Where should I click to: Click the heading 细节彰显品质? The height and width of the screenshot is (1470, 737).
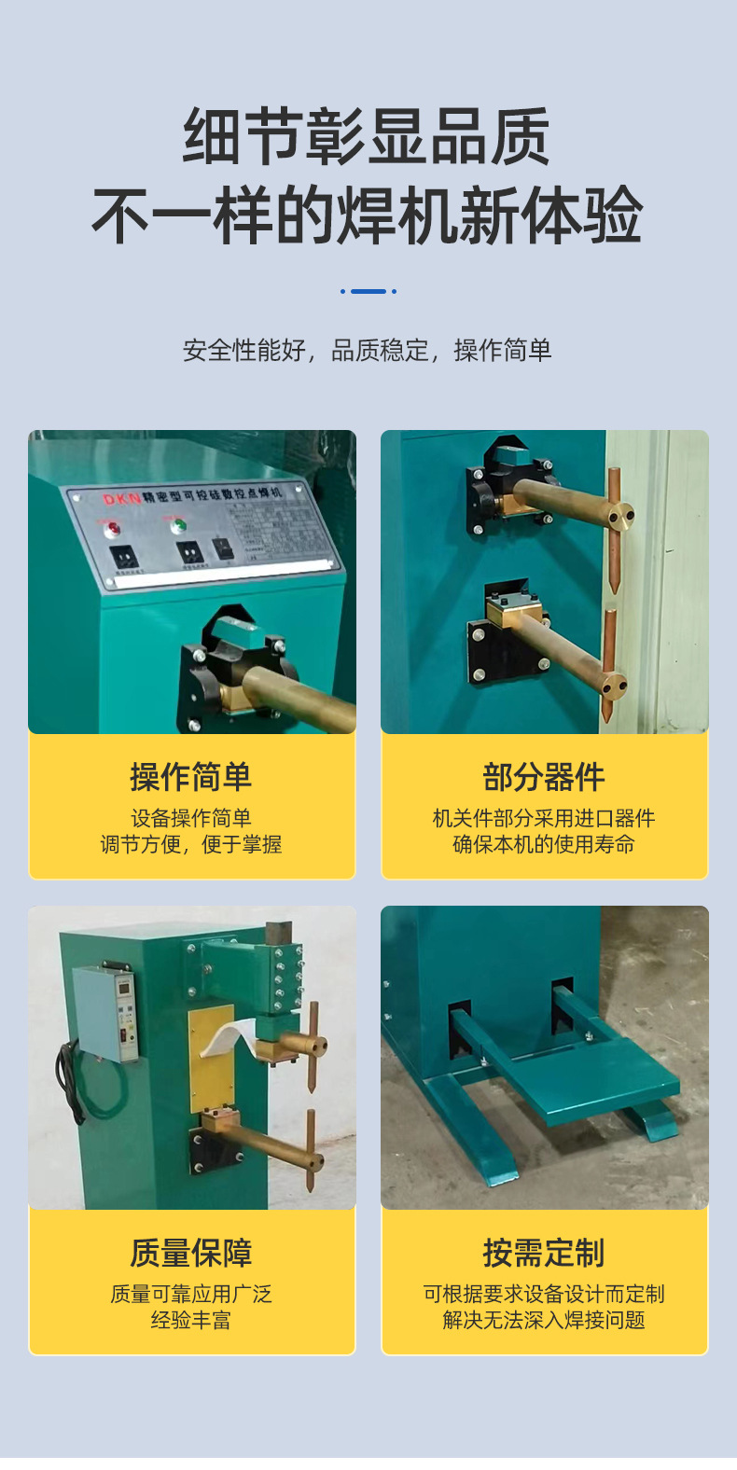click(367, 137)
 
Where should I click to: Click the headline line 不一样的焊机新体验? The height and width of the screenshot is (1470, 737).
click(367, 215)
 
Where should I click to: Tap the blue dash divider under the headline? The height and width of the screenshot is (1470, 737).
click(368, 291)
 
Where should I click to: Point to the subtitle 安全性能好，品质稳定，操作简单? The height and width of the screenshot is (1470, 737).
click(367, 351)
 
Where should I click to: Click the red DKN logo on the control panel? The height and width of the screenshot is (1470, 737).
click(121, 498)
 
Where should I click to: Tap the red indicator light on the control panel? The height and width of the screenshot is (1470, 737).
click(113, 529)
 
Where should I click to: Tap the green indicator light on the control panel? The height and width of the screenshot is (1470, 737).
click(177, 526)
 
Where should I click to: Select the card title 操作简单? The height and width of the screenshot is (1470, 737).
click(190, 777)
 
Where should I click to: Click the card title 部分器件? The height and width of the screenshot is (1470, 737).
click(544, 777)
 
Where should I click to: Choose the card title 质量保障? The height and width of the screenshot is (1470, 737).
click(190, 1253)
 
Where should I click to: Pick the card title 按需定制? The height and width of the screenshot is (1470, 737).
click(544, 1253)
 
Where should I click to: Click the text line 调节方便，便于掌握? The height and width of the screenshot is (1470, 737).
click(190, 845)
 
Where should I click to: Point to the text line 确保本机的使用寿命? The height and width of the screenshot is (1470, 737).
click(544, 845)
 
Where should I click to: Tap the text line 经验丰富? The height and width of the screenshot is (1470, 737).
click(190, 1321)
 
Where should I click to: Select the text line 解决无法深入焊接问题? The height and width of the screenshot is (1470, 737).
click(544, 1321)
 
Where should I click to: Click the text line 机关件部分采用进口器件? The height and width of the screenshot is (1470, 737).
click(544, 819)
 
